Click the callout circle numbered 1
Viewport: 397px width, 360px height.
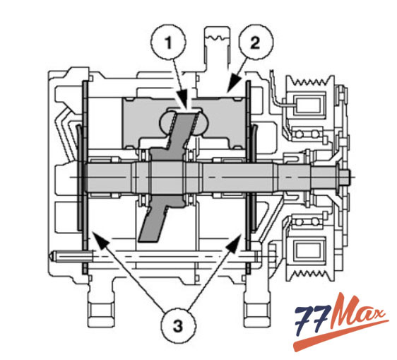pyautogui.click(x=169, y=42)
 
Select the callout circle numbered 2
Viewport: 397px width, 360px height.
pyautogui.click(x=255, y=42)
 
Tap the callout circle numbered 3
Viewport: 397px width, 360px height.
pyautogui.click(x=178, y=326)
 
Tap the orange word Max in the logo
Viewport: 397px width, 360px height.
pyautogui.click(x=357, y=313)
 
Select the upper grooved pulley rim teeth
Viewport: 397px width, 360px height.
pyautogui.click(x=309, y=82)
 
